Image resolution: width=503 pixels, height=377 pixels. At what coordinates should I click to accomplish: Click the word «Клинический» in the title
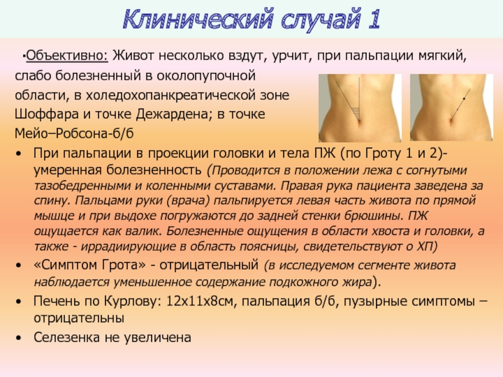[x=199, y=20]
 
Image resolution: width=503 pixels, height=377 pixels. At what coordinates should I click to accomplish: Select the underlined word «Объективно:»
[x=67, y=56]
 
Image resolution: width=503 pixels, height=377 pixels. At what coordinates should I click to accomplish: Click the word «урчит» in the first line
[x=292, y=56]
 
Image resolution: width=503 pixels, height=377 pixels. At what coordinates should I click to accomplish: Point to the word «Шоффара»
[x=47, y=114]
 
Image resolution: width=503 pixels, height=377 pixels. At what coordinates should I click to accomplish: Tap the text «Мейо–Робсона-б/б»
[x=74, y=133]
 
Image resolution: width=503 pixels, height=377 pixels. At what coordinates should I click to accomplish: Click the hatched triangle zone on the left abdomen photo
[x=355, y=112]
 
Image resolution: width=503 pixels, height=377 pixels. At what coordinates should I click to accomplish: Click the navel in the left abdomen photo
[x=358, y=121]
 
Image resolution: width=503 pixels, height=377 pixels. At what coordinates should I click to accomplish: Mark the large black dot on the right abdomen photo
[x=464, y=98]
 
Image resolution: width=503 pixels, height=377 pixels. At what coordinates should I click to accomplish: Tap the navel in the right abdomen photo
[x=450, y=121]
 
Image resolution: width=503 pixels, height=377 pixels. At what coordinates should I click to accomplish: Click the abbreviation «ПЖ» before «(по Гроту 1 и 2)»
[x=324, y=153]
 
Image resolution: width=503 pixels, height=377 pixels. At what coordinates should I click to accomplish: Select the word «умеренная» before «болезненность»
[x=68, y=170]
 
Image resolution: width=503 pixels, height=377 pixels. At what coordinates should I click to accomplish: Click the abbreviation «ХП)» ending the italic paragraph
[x=427, y=246]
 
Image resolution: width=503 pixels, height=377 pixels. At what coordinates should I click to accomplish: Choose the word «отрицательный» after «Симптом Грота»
[x=209, y=265]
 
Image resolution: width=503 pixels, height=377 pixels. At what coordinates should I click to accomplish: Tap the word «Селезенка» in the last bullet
[x=67, y=337]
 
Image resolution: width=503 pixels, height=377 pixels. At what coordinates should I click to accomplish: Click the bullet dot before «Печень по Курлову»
[x=19, y=302]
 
